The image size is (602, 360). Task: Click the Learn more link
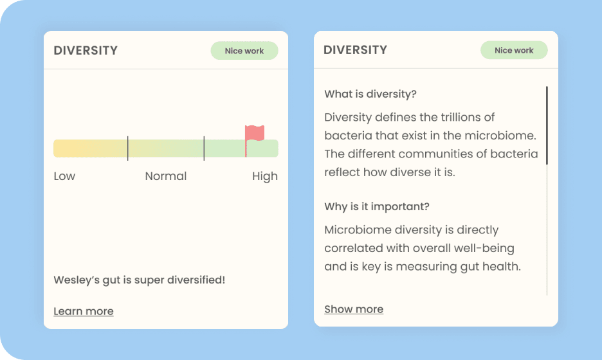click(84, 311)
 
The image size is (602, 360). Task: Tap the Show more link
click(354, 309)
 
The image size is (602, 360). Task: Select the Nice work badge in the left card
click(244, 51)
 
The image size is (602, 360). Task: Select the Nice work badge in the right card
click(514, 50)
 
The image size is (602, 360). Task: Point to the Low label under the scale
click(64, 176)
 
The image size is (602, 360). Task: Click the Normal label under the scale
click(166, 176)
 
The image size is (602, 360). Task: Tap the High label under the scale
click(265, 177)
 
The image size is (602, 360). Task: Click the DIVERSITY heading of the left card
click(86, 51)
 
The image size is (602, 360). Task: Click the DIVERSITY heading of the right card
click(356, 50)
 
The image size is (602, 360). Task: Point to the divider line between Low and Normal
click(127, 148)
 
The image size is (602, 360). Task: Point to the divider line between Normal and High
click(204, 148)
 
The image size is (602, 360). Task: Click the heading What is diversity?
click(370, 94)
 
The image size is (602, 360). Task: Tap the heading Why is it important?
click(377, 206)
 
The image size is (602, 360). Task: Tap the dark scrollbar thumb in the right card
click(547, 125)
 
